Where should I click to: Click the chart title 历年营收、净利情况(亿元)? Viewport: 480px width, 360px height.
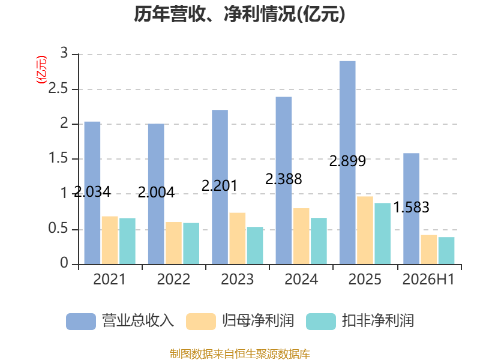[239, 14]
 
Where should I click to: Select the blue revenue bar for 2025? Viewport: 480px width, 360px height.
[347, 163]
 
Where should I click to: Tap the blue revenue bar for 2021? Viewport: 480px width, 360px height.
[92, 193]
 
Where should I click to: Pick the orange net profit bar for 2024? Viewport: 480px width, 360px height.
[301, 236]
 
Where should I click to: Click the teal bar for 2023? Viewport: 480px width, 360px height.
[255, 245]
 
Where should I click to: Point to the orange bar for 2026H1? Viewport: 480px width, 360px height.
[429, 250]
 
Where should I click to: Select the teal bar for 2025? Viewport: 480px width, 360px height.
[383, 233]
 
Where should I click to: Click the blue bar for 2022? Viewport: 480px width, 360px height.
[156, 194]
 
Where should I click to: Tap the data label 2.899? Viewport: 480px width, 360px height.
[347, 161]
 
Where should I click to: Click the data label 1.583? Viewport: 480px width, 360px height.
[411, 207]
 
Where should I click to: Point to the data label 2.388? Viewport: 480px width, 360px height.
[283, 179]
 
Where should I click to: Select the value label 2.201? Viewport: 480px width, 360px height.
[220, 185]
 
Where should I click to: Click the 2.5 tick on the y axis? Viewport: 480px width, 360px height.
[58, 89]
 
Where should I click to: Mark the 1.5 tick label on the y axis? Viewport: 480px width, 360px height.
[58, 158]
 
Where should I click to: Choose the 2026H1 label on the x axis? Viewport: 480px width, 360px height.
[428, 279]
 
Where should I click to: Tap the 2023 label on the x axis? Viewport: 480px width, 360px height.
[237, 279]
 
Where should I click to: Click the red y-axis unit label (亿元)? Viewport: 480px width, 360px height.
[41, 70]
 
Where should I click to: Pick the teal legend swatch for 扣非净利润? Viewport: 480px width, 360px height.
[321, 322]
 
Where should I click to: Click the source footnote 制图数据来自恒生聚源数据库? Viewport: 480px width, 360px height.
[240, 353]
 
